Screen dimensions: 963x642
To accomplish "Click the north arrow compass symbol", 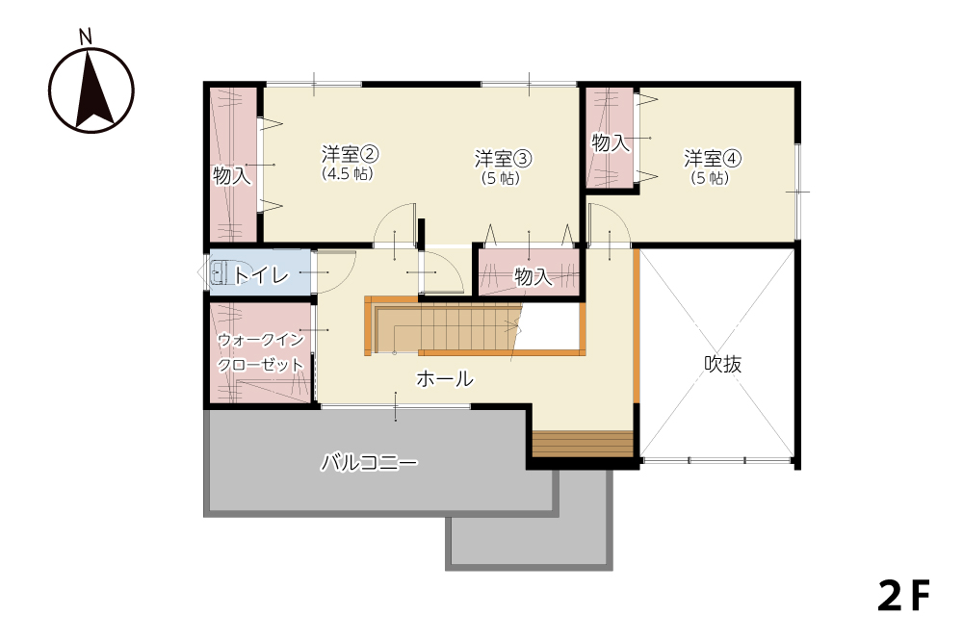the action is pos(91,90).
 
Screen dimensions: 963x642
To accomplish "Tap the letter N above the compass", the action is pos(86,38).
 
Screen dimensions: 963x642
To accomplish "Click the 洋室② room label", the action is pos(350,154).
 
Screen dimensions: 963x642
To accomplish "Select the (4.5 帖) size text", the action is pos(348,173).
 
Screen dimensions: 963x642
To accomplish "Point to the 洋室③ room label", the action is pos(503,159).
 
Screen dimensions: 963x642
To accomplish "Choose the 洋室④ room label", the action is pos(713,159).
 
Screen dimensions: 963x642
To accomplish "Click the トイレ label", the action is pos(261,275).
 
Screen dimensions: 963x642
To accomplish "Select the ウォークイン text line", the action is pos(260,340).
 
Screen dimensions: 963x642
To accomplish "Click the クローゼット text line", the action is pos(260,365).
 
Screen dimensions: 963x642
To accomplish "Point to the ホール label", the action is pos(445,378).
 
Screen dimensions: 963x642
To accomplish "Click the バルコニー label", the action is pos(369,462).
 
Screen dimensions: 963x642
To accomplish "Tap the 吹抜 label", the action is pos(723,364).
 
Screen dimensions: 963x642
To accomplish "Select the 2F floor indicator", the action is pos(903,596).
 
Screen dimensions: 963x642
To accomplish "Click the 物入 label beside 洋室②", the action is pos(232,175).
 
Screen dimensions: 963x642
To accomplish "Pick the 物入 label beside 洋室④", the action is pos(611,143).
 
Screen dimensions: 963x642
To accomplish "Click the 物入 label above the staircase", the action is pos(534,277).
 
